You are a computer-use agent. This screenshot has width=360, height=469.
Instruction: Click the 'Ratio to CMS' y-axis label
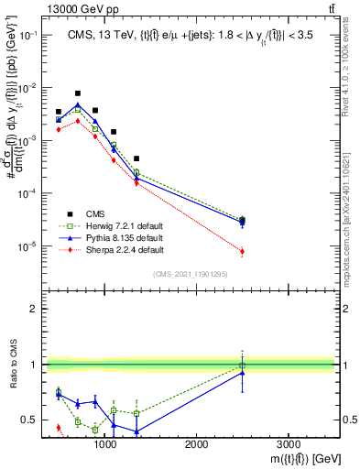point(14,365)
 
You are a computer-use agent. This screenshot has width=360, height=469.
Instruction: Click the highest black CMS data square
point(78,93)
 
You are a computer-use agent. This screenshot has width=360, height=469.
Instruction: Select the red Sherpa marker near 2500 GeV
point(242,251)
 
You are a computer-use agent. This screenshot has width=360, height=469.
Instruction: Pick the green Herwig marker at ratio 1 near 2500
point(242,365)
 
